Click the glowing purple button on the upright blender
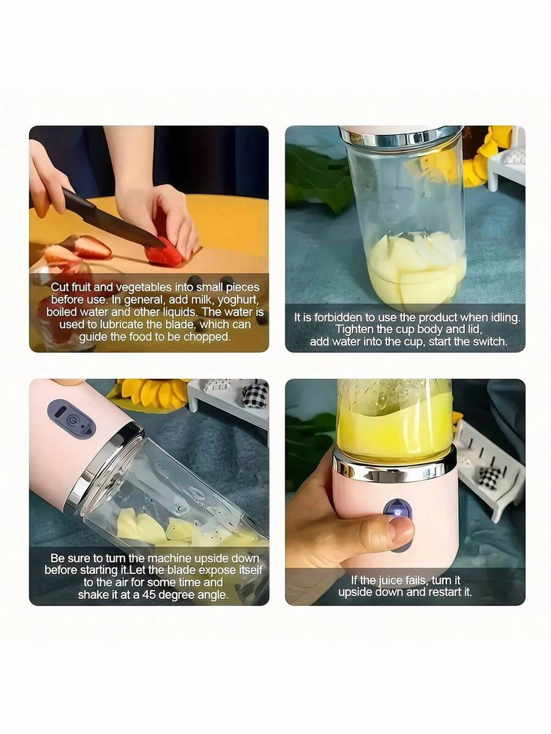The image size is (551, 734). (399, 512)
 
